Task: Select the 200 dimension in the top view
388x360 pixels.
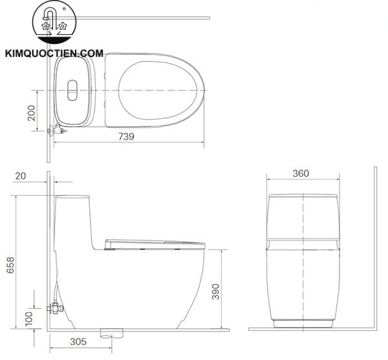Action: click(x=30, y=114)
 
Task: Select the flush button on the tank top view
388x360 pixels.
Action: click(x=71, y=90)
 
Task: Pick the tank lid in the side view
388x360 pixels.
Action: click(x=72, y=196)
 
